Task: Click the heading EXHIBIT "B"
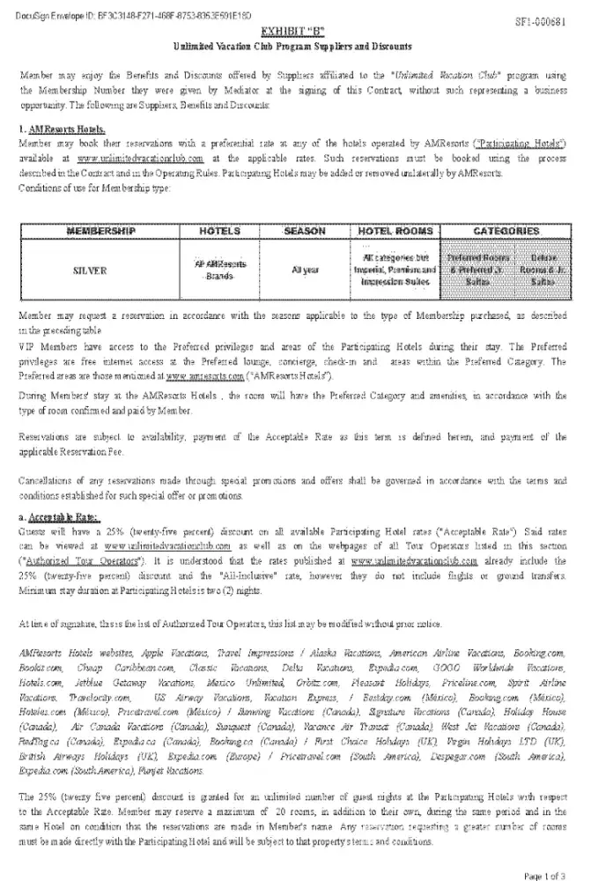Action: [295, 30]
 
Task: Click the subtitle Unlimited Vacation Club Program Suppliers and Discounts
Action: [295, 44]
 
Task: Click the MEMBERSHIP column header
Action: [101, 231]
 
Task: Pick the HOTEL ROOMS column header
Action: [395, 231]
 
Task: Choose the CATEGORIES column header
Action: [506, 231]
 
